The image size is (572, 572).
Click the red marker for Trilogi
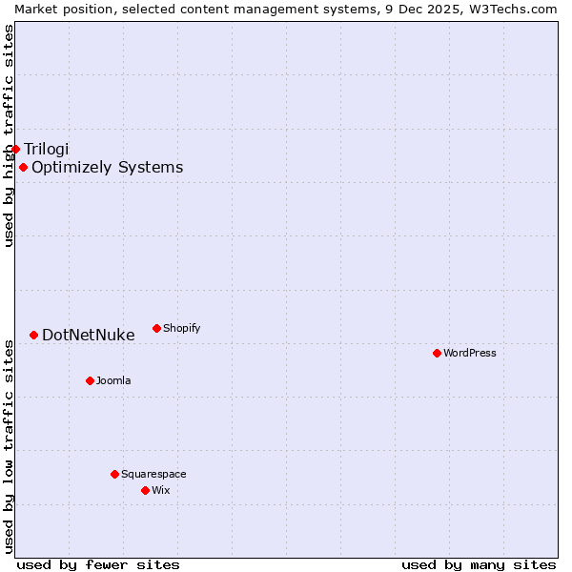click(15, 149)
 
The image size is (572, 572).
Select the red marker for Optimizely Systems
click(23, 168)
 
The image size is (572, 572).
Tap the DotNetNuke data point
click(33, 335)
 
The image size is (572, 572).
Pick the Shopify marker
click(156, 328)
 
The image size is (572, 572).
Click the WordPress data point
click(437, 353)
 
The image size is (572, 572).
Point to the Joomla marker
click(90, 380)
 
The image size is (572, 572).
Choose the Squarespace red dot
click(114, 474)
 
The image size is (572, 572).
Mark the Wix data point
click(145, 490)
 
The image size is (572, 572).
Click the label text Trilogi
click(47, 149)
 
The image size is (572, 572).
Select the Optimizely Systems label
click(107, 168)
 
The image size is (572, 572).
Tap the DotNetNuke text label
click(88, 335)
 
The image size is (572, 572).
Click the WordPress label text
click(470, 353)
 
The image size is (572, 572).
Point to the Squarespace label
click(153, 474)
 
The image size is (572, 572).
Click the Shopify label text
click(181, 328)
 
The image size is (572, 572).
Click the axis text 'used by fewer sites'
click(98, 564)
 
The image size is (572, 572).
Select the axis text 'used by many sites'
click(479, 564)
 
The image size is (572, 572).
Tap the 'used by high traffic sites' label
click(9, 135)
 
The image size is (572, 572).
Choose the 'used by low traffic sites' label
click(9, 445)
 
